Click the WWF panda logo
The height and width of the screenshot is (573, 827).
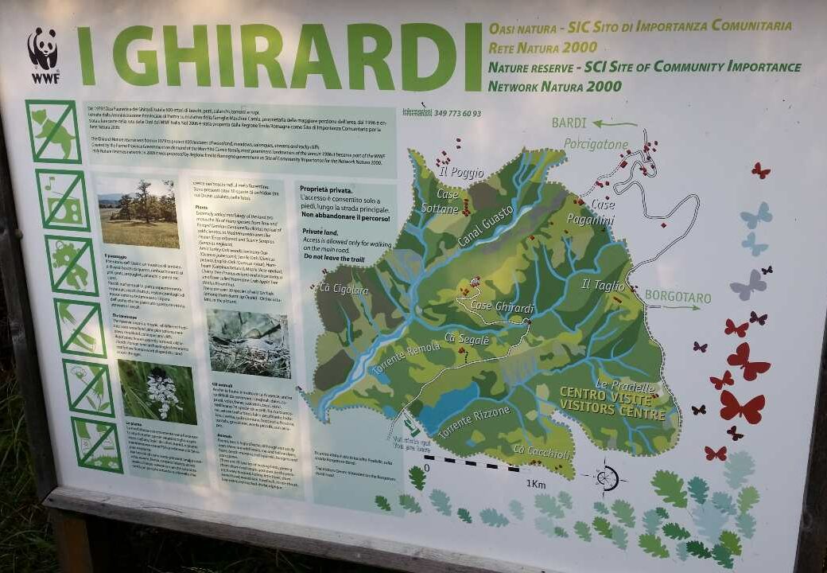point(44,54)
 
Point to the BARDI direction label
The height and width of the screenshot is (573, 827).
point(569,123)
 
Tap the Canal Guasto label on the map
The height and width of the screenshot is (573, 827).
point(486,227)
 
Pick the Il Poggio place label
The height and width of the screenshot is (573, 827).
point(461,172)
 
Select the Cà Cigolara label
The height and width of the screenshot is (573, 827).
point(344,289)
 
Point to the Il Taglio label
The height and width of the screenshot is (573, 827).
point(602,284)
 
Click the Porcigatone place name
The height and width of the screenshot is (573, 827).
point(596,144)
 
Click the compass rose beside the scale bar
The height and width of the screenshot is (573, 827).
point(607,477)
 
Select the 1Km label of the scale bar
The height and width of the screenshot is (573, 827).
point(535,483)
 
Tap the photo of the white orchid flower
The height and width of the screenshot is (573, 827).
point(157,392)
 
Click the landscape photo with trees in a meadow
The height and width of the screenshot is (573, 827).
point(138,212)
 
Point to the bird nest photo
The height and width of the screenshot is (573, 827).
point(249,343)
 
